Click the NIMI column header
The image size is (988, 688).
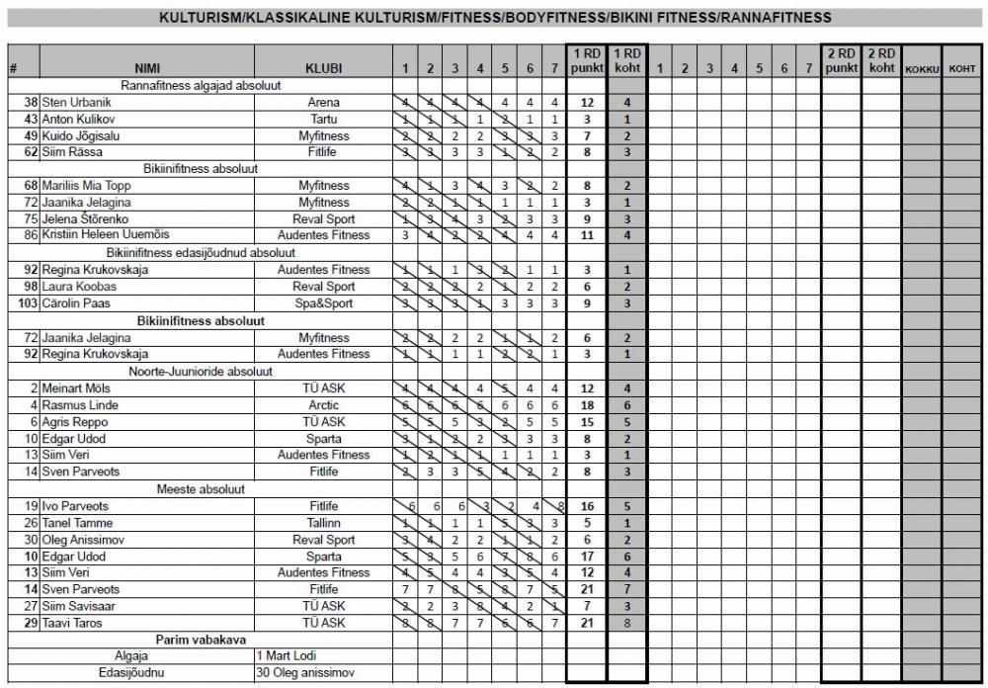(146, 68)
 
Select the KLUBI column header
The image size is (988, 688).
(324, 68)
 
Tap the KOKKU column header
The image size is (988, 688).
(921, 69)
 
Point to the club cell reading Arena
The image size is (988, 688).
(324, 102)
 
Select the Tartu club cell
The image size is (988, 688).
(324, 119)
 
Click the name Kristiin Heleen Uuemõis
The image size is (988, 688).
(106, 235)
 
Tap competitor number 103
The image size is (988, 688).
(28, 303)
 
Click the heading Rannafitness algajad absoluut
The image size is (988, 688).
(201, 85)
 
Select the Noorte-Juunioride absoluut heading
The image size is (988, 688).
(201, 371)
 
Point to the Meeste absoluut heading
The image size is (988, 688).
(201, 488)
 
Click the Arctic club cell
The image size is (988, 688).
(324, 405)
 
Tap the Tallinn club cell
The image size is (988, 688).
(324, 523)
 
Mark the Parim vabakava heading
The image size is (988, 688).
(201, 640)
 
